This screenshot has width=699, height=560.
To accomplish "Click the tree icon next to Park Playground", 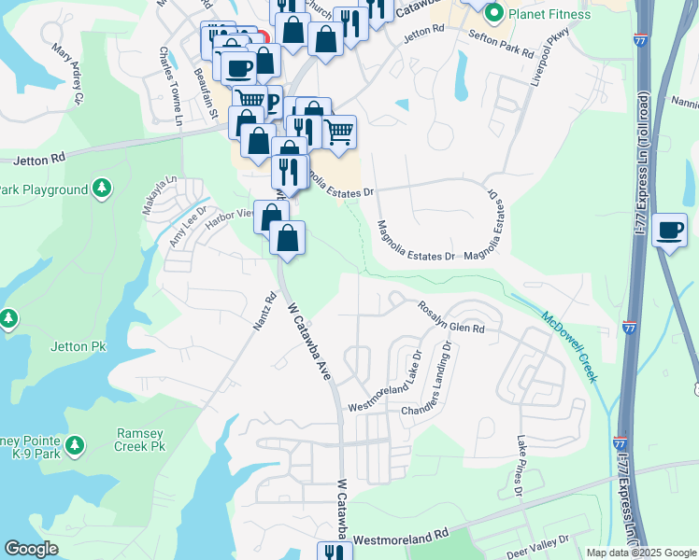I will click(102, 189).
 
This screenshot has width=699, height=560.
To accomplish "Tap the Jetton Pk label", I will click(86, 346).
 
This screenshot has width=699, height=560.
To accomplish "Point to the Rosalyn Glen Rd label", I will click(451, 317).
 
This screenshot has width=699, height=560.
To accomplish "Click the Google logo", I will click(31, 549).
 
